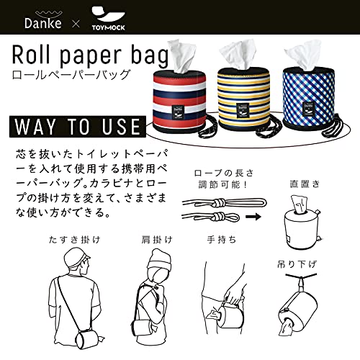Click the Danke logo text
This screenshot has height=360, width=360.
(42, 23)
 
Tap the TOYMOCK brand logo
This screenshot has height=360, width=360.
(109, 19)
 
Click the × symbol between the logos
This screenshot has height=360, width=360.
(76, 24)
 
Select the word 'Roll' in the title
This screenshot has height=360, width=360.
(31, 55)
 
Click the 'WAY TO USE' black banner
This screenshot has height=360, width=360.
(78, 127)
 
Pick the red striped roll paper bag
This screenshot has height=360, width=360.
(179, 99)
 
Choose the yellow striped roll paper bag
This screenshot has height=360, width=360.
(243, 99)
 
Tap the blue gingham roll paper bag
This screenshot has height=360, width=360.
(309, 99)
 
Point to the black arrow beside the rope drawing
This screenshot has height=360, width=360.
(253, 217)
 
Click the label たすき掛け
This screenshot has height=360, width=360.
(75, 240)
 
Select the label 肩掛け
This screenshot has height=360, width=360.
(157, 240)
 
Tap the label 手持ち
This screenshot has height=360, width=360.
(222, 240)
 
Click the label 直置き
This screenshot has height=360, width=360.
(305, 184)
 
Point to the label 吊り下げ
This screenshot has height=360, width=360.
(297, 264)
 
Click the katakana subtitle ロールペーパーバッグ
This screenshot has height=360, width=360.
(71, 75)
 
